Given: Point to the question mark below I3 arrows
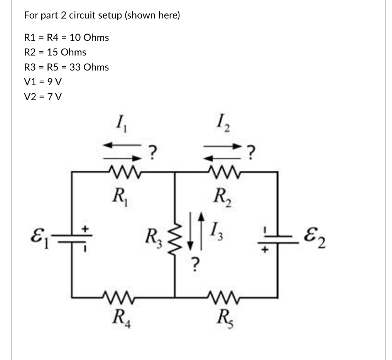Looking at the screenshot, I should point(196,264).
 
